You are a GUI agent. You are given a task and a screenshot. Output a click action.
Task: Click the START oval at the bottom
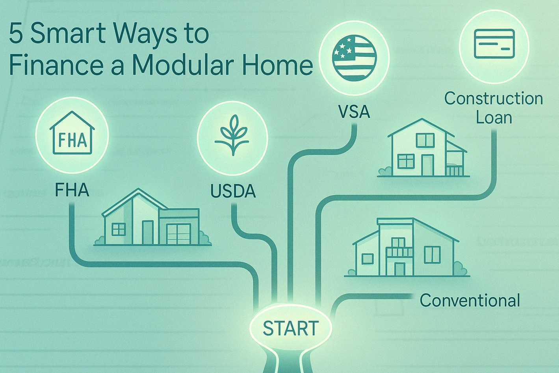pyautogui.click(x=291, y=328)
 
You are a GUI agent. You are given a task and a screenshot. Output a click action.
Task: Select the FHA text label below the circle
pyautogui.click(x=72, y=190)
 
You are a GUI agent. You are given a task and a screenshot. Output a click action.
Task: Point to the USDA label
pyautogui.click(x=233, y=191)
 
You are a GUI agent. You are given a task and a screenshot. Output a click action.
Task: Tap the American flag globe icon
pyautogui.click(x=354, y=58)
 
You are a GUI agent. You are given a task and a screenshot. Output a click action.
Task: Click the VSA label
pyautogui.click(x=354, y=112)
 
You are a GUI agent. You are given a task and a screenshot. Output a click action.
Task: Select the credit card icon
pyautogui.click(x=494, y=44)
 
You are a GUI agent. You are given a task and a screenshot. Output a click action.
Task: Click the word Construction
pyautogui.click(x=494, y=99)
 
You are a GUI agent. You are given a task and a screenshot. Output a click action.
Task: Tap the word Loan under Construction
pyautogui.click(x=494, y=117)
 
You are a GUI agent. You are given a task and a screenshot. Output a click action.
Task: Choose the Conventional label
pyautogui.click(x=470, y=300)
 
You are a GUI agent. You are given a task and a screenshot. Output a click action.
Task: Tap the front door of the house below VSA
pyautogui.click(x=427, y=165)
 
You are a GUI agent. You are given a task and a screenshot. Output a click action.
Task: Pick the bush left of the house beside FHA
pyautogui.click(x=99, y=241)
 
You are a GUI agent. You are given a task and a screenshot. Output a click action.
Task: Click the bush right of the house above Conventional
pyautogui.click(x=459, y=269)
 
